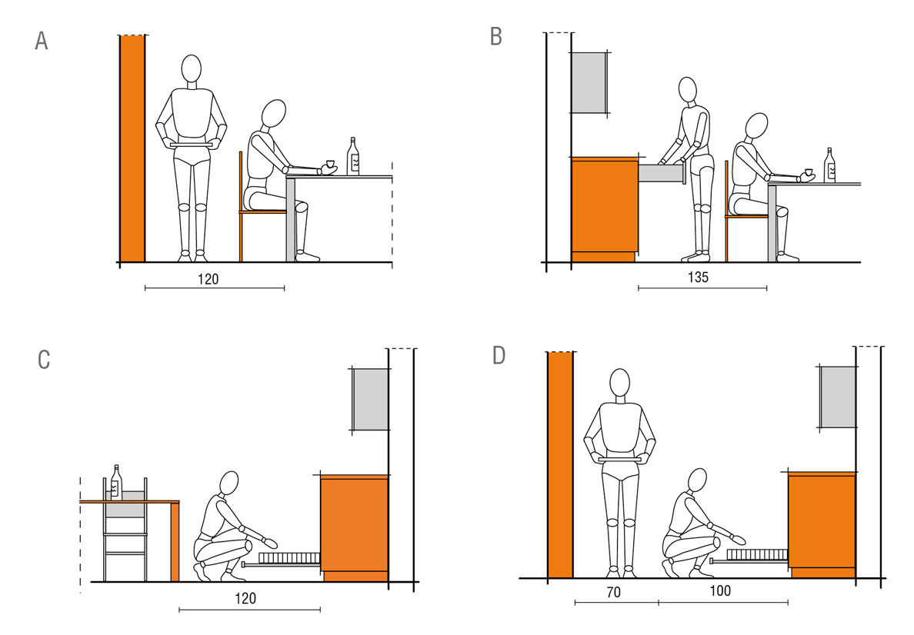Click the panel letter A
[42, 41]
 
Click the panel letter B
[496, 36]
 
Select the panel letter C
[44, 360]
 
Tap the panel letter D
[499, 354]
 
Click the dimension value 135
[698, 278]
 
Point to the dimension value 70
[613, 593]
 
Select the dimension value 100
[720, 590]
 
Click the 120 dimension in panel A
[208, 280]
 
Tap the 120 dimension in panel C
[245, 598]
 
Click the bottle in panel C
[117, 482]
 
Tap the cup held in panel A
[329, 165]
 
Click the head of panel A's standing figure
[192, 68]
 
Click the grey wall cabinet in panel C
[371, 400]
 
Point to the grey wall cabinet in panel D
[839, 397]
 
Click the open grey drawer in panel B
[662, 174]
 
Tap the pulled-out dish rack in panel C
[282, 560]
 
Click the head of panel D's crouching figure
[697, 480]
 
